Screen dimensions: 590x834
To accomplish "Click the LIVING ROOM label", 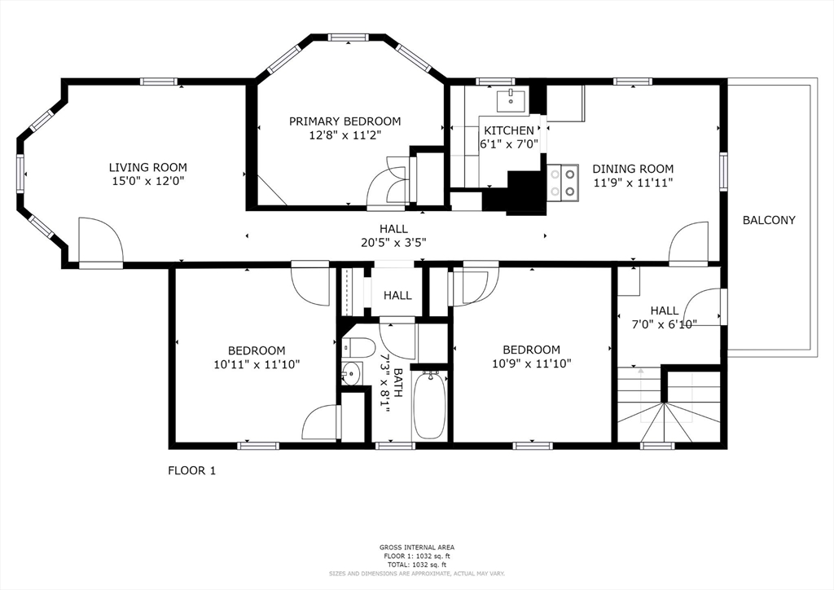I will (147, 167).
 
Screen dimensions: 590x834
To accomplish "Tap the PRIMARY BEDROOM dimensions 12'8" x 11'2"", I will (345, 135).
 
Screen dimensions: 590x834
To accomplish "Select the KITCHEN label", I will (509, 130).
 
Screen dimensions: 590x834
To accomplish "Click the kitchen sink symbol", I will (512, 100).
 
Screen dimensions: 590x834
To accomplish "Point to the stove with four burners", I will (563, 182).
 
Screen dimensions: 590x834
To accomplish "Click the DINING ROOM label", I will (633, 169).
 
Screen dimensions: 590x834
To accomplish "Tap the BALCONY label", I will (769, 220).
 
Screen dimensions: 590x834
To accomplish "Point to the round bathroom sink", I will (351, 374).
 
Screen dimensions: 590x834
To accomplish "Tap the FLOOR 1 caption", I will (191, 470).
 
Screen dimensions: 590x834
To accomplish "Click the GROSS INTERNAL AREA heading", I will (416, 547).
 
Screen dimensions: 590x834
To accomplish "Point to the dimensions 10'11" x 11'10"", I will (257, 365).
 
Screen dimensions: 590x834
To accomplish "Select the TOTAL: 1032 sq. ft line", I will (416, 564).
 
